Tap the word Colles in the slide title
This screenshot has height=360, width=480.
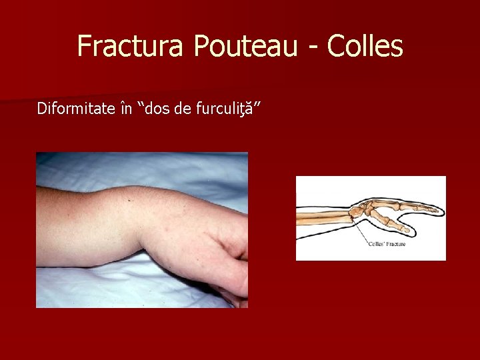pos(366,46)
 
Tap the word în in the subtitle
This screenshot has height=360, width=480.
pos(125,108)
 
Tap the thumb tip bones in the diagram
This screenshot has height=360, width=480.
pos(404,228)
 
